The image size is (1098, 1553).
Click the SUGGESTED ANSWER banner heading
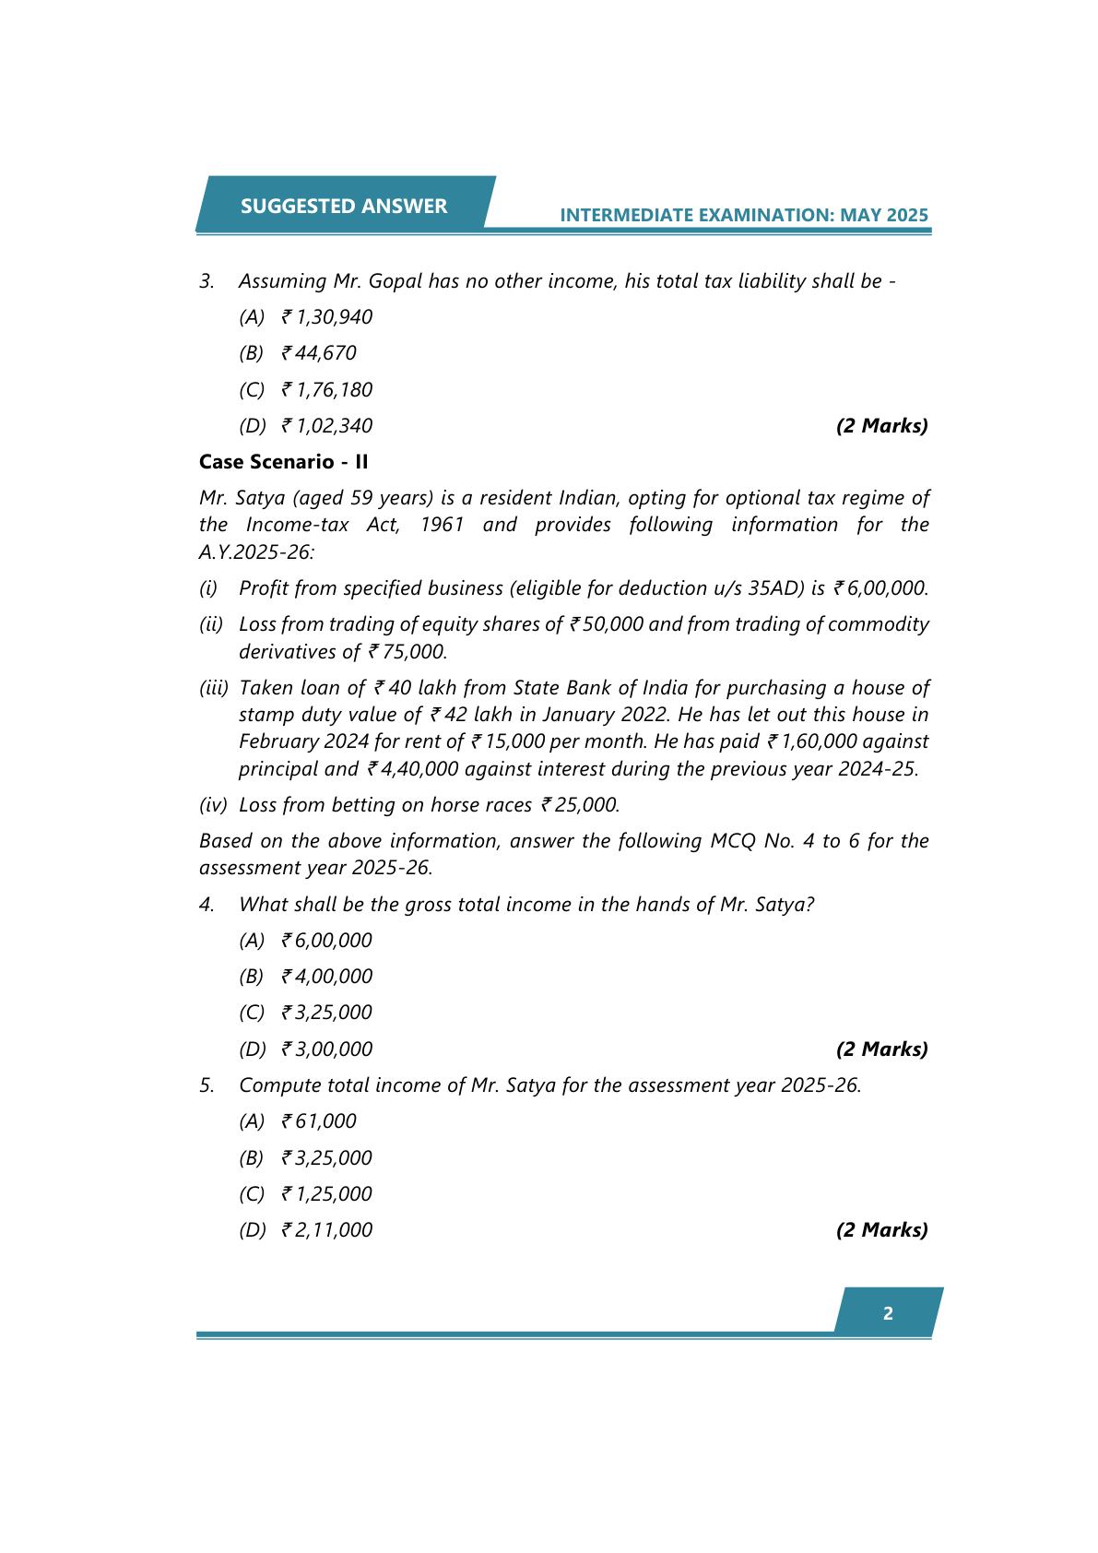pyautogui.click(x=344, y=206)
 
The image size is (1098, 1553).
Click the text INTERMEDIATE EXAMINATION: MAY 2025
pyautogui.click(x=744, y=215)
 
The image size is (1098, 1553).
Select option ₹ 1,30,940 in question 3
pyautogui.click(x=327, y=317)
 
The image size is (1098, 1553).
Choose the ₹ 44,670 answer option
pyautogui.click(x=319, y=353)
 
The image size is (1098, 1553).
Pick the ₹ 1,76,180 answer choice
pyautogui.click(x=327, y=390)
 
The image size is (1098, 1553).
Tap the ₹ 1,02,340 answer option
pyautogui.click(x=327, y=426)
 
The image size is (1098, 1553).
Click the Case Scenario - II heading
pyautogui.click(x=283, y=462)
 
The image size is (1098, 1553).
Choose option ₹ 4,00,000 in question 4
pyautogui.click(x=327, y=977)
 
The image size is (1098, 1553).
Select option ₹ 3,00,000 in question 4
pyautogui.click(x=327, y=1049)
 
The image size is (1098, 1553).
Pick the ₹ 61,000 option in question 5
pyautogui.click(x=319, y=1121)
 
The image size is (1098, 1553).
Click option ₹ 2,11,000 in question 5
pyautogui.click(x=327, y=1230)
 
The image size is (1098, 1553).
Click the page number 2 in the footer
pyautogui.click(x=888, y=1313)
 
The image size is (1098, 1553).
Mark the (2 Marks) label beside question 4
pyautogui.click(x=881, y=1049)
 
